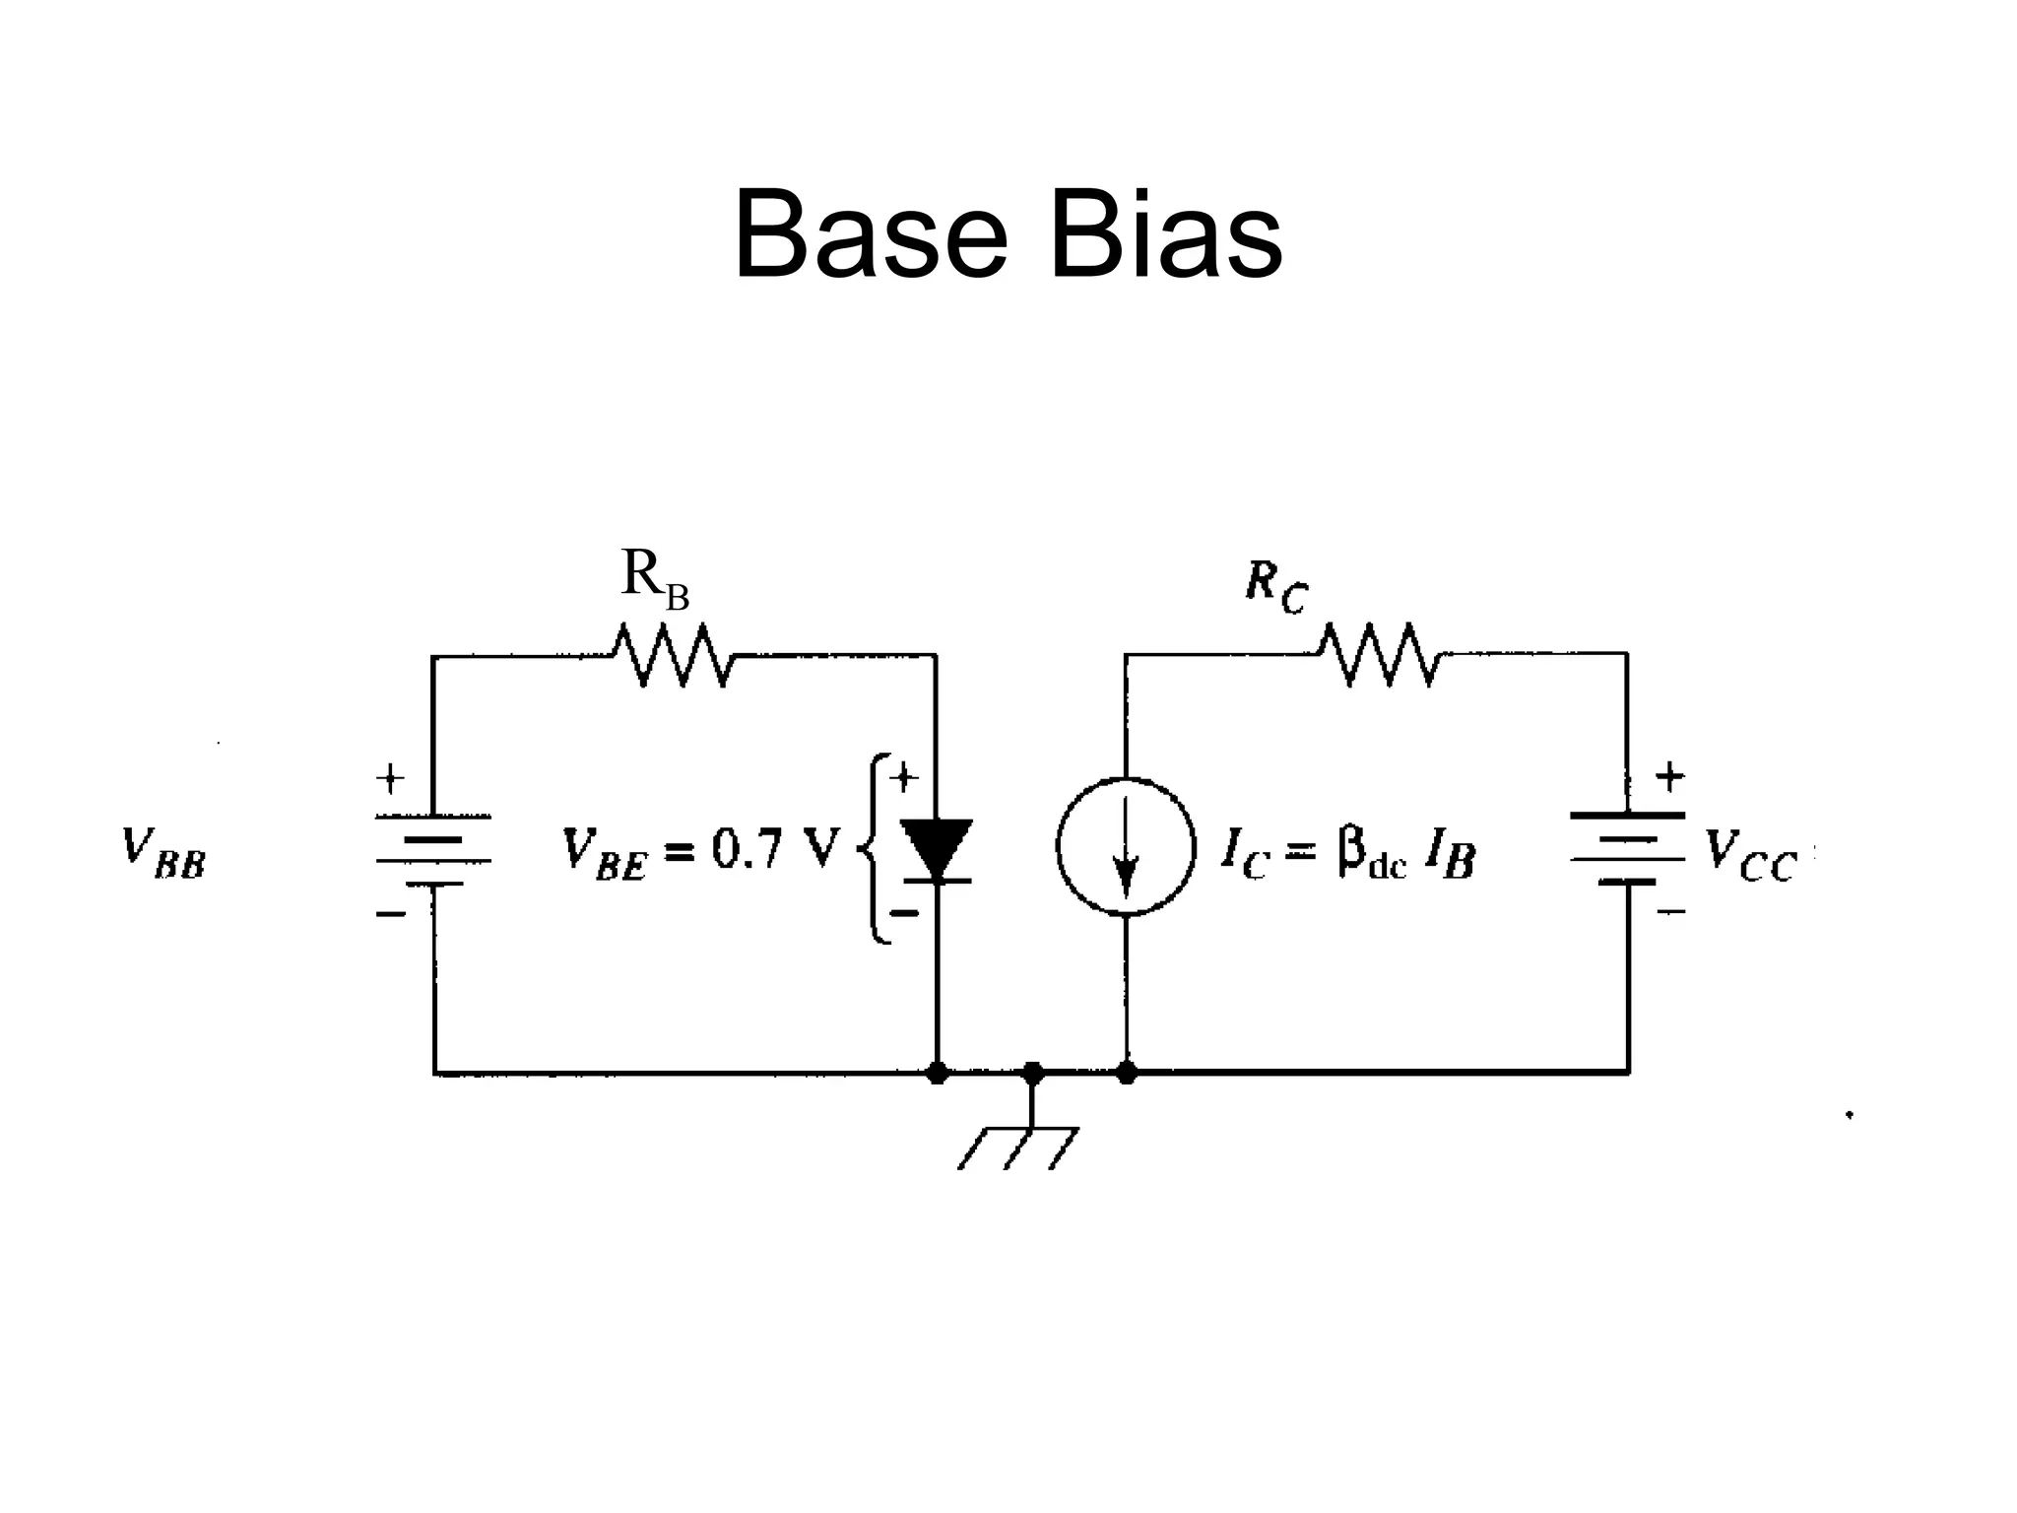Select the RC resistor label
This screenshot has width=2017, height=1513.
tap(1275, 588)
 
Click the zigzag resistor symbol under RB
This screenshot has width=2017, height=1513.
tap(673, 655)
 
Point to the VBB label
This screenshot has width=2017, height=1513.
tap(163, 853)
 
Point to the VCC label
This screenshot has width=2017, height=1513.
tap(1750, 855)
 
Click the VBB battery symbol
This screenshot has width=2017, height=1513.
tap(433, 850)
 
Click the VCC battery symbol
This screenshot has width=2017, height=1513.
tap(1627, 848)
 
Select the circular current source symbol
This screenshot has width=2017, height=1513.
tap(1126, 847)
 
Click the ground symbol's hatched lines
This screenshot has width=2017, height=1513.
tap(1017, 1149)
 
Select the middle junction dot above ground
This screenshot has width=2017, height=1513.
tap(1032, 1073)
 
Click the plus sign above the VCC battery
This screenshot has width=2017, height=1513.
tap(1669, 778)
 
